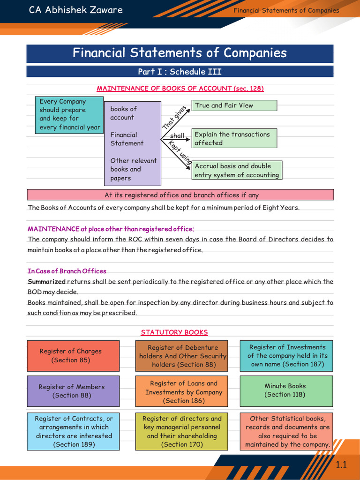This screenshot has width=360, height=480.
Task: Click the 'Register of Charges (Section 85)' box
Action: pyautogui.click(x=70, y=355)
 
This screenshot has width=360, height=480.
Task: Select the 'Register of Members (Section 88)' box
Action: pyautogui.click(x=71, y=391)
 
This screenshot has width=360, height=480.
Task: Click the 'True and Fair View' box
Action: pyautogui.click(x=234, y=105)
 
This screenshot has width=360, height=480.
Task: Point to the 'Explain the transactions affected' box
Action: pyautogui.click(x=234, y=138)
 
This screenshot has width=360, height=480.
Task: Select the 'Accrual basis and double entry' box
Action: pyautogui.click(x=238, y=170)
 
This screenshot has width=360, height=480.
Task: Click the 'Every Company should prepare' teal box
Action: pyautogui.click(x=69, y=114)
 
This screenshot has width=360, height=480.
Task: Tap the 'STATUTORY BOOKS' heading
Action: pyautogui.click(x=174, y=332)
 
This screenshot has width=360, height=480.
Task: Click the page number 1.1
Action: pyautogui.click(x=341, y=465)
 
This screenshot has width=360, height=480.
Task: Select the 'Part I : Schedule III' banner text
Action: pyautogui.click(x=180, y=72)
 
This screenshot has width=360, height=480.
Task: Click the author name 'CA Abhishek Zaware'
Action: pyautogui.click(x=76, y=10)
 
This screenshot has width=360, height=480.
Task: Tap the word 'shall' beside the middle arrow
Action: pyautogui.click(x=177, y=136)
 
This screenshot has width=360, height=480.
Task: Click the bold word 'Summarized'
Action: pyautogui.click(x=46, y=282)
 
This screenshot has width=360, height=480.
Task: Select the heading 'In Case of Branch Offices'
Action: pyautogui.click(x=67, y=271)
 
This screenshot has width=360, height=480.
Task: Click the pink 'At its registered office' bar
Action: pyautogui.click(x=180, y=195)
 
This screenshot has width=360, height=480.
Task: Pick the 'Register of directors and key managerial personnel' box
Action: pyautogui.click(x=182, y=431)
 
